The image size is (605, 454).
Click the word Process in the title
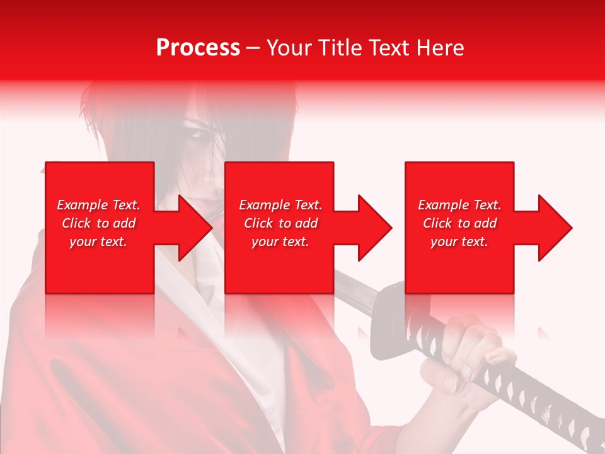198,48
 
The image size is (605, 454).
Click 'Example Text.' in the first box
98,205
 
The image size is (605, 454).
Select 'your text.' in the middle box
280,242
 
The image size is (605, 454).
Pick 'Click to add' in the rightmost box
459,223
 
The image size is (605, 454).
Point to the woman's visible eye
196,134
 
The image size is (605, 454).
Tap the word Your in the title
291,48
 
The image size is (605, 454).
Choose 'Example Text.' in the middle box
280,205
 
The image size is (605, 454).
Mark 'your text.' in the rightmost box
459,242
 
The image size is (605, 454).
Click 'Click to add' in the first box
98,223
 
